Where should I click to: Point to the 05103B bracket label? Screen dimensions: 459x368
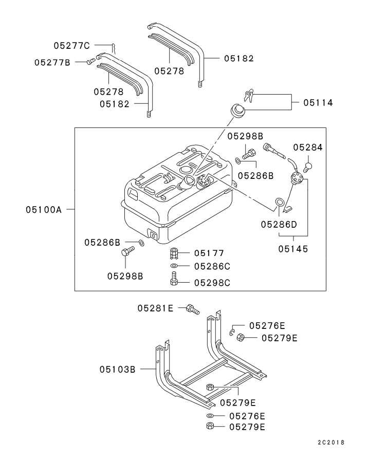117,369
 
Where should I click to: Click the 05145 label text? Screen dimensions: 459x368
293,249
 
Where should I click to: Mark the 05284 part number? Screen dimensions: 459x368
308,147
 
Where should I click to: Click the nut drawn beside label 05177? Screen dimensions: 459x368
174,253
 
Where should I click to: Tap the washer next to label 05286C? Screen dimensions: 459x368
174,266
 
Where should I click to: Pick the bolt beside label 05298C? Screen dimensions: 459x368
174,280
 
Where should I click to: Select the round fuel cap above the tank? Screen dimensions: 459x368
237,110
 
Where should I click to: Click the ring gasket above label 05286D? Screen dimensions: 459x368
279,203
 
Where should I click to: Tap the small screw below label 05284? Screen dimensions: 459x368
309,167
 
